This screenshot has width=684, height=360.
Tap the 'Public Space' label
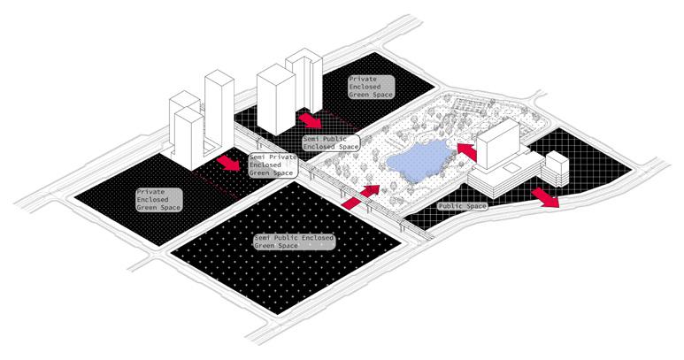pos(463,207)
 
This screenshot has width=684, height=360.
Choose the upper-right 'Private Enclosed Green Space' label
pos(370,86)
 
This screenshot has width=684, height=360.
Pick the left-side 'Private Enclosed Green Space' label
pos(158,199)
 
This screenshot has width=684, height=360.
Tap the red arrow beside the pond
pos(467,151)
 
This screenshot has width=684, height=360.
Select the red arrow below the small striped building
pos(546,196)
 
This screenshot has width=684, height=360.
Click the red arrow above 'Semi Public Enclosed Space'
pos(309,120)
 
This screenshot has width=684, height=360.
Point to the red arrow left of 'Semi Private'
pos(228,163)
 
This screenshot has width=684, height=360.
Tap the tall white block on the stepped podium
pos(497,145)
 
